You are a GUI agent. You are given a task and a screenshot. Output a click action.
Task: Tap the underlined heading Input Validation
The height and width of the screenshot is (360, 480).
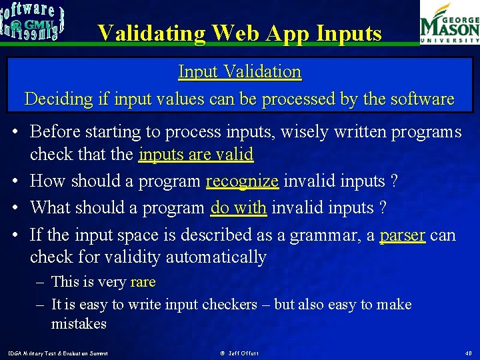click(x=239, y=71)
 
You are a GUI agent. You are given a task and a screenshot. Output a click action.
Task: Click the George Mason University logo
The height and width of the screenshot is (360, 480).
click(x=449, y=23)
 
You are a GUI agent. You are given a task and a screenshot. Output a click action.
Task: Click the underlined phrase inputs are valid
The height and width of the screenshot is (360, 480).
click(x=196, y=155)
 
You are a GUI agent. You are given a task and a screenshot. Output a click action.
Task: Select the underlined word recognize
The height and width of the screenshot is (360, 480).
click(x=242, y=181)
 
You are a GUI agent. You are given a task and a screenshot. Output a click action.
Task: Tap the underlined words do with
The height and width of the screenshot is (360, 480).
click(x=239, y=207)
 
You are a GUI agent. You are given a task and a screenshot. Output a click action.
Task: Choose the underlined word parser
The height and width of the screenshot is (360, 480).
click(x=402, y=235)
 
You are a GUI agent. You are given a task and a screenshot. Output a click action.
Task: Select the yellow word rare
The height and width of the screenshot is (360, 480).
click(x=143, y=282)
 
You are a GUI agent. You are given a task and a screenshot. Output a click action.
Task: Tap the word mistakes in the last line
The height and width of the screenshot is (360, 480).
click(x=79, y=323)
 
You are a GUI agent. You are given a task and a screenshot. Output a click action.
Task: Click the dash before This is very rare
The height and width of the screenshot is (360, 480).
click(x=40, y=282)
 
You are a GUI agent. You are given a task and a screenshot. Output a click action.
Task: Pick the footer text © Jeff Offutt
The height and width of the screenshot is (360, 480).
click(x=239, y=353)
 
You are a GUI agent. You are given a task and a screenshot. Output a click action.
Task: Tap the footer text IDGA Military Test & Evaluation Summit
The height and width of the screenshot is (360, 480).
click(x=57, y=353)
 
